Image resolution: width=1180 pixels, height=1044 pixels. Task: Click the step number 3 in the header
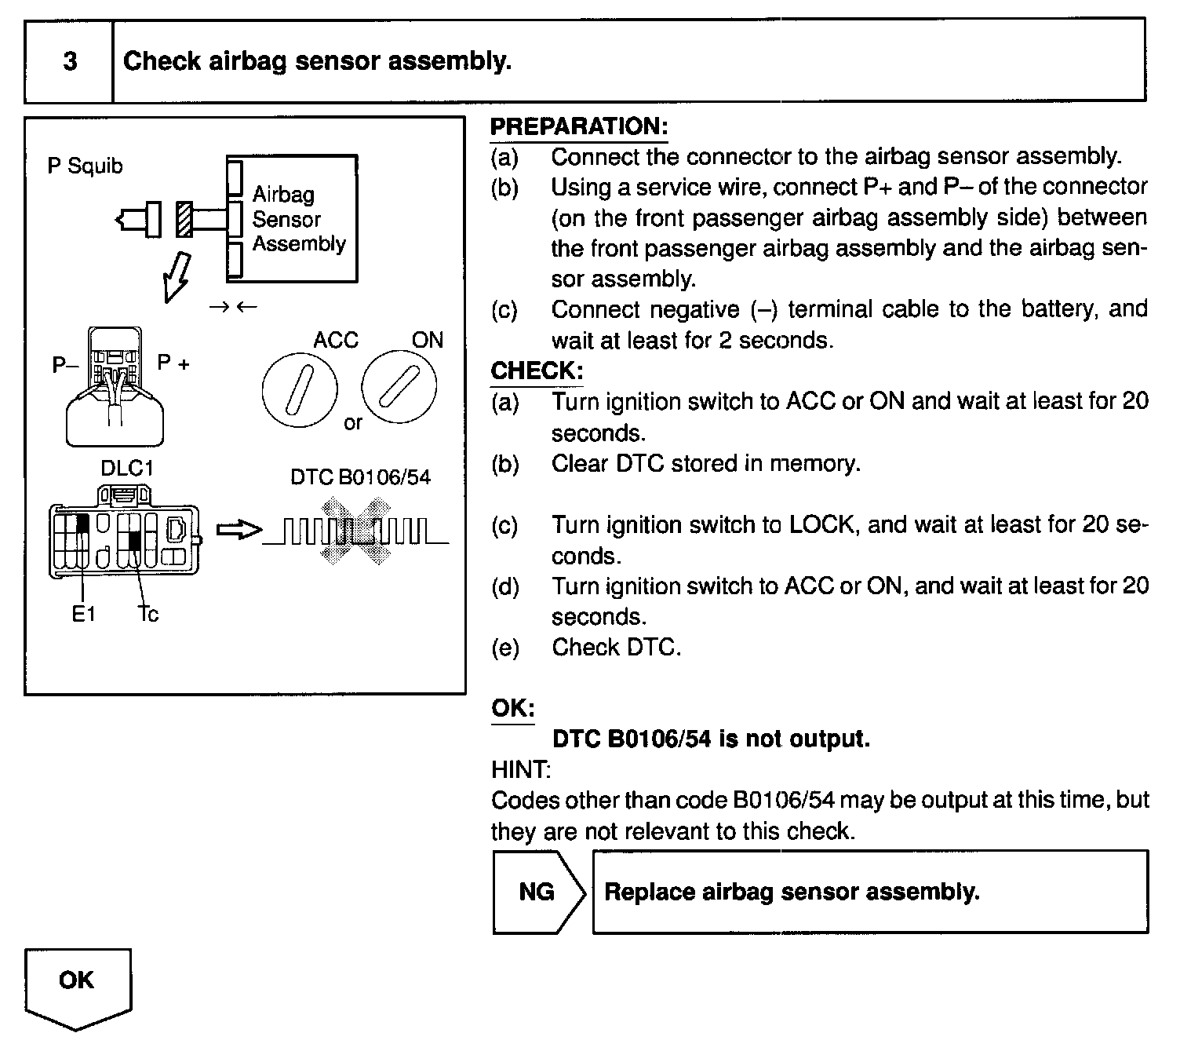coord(70,61)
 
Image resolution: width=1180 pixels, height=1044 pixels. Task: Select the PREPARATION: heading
coord(579,126)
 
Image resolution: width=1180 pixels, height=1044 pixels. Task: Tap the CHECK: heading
coord(537,371)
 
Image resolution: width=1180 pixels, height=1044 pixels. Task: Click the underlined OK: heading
coord(512,708)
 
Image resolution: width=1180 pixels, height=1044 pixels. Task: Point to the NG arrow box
coord(538,892)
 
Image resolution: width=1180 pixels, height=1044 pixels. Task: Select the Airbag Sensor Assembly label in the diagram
coord(298,219)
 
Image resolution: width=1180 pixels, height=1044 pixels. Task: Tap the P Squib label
coord(85,166)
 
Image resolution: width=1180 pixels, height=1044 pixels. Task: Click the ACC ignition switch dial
coord(299,390)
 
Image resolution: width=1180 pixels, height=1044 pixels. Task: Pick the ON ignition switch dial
coord(399,388)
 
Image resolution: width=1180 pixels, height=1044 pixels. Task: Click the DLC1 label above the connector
coord(127,469)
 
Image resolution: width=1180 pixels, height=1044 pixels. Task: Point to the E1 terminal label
coord(83,615)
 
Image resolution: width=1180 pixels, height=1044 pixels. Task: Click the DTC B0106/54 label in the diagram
coord(360,477)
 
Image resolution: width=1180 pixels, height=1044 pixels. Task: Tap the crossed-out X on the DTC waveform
coord(354,531)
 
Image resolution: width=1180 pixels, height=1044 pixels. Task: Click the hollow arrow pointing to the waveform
coord(239,531)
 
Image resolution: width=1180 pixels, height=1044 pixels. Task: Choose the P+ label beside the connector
coord(173,363)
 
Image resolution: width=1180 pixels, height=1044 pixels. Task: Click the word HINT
coord(520,769)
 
